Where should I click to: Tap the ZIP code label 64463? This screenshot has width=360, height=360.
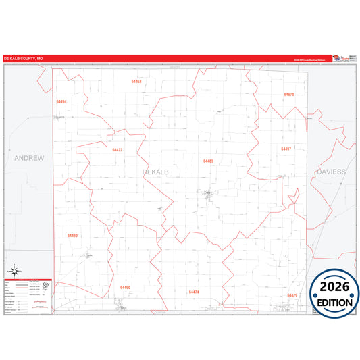(136, 81)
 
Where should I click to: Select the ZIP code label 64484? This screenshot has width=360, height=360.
(61, 101)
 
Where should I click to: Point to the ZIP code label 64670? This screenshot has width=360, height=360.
(289, 95)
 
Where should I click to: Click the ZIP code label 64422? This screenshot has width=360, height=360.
(118, 150)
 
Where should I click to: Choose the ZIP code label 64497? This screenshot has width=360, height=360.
(286, 149)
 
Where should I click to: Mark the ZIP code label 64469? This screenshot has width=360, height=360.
(208, 161)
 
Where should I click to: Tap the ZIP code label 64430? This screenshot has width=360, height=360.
(73, 236)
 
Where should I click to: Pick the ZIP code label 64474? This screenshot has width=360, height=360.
(195, 292)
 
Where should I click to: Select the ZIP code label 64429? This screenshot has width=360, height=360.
(292, 295)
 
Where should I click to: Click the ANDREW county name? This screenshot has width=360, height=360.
(29, 158)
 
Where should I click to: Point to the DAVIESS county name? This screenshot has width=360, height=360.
(330, 172)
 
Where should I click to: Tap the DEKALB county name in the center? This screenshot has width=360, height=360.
(156, 172)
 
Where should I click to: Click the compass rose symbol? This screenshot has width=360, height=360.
(14, 271)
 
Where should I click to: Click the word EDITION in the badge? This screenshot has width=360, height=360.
(334, 303)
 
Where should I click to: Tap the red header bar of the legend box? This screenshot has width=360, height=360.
(28, 279)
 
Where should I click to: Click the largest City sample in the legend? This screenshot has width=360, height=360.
(45, 283)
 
